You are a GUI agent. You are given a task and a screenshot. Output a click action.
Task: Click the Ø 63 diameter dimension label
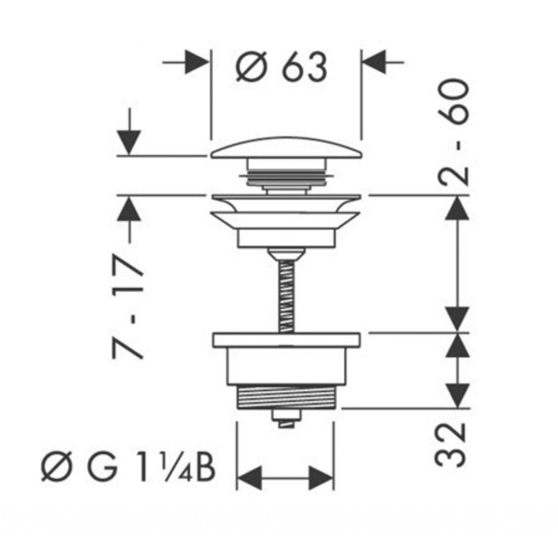coord(281,67)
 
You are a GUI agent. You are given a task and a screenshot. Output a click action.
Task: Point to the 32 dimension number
coord(450,445)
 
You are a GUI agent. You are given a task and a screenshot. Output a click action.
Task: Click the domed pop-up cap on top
coord(287,148)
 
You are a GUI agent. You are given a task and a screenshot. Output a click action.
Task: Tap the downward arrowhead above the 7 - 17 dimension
coord(129,143)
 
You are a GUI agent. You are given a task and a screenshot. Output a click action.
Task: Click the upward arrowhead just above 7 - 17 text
coord(129,209)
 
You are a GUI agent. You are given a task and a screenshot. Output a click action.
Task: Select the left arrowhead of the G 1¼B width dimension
coord(249,478)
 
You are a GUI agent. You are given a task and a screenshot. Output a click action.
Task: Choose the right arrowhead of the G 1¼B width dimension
coord(322,478)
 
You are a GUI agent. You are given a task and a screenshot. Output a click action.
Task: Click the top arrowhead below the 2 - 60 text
coord(457,209)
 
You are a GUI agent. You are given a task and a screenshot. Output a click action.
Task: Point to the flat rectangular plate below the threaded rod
coord(287,340)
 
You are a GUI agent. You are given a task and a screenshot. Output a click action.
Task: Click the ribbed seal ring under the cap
coord(287,176)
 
